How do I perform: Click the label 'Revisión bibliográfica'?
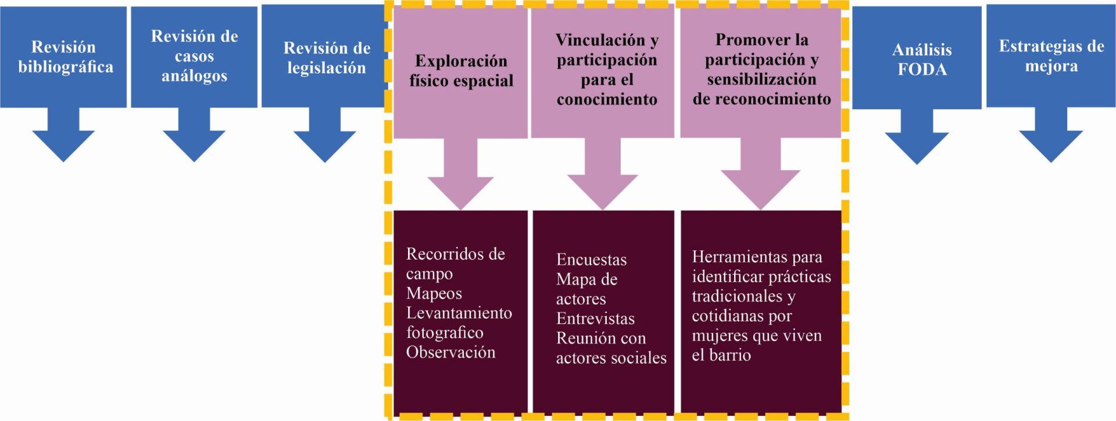tap(65, 57)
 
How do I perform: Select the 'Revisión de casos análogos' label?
tap(194, 56)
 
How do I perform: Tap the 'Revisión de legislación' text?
tap(326, 57)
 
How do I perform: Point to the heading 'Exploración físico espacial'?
tap(461, 71)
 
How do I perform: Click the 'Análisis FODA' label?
tap(922, 59)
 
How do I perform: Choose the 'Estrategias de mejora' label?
tap(1051, 56)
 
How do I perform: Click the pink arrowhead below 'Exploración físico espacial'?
tap(461, 190)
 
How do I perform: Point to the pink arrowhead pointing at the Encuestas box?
tap(603, 190)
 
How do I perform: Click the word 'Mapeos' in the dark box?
tap(434, 293)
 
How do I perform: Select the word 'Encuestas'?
tap(591, 260)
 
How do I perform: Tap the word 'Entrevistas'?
tap(595, 319)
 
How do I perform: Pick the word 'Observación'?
tap(450, 352)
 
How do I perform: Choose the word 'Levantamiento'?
tap(459, 313)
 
